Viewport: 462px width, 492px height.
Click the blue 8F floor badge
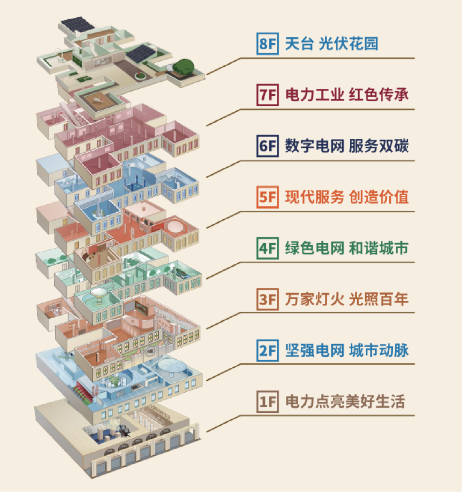click(268, 44)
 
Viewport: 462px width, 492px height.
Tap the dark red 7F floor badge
click(268, 95)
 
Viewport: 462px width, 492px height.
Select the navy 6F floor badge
click(268, 146)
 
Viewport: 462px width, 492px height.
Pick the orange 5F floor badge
click(268, 197)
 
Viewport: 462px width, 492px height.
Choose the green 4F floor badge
click(268, 248)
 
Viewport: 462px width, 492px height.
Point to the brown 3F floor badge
click(268, 299)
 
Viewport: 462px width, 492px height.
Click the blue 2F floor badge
click(268, 351)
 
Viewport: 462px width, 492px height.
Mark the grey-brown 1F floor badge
click(268, 402)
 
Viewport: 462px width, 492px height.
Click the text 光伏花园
click(349, 44)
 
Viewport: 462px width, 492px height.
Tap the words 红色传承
click(379, 95)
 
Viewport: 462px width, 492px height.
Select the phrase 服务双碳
click(379, 146)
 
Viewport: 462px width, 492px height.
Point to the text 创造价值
click(379, 197)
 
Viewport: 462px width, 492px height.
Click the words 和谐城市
click(379, 248)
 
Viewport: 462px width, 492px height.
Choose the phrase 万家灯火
click(314, 299)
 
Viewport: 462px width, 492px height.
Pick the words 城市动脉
click(379, 351)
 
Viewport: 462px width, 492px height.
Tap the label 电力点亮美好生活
click(345, 402)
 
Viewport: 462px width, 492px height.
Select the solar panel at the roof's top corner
click(77, 25)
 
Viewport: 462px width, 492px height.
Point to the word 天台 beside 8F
click(299, 44)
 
